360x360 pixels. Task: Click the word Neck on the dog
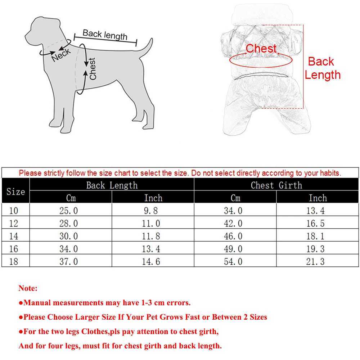(x=61, y=54)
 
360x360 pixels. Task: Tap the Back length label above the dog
(x=105, y=35)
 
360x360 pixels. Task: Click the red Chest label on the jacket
(x=261, y=49)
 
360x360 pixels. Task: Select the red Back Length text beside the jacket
(x=322, y=68)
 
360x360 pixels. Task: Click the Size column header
(x=15, y=192)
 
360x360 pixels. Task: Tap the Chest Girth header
(x=276, y=185)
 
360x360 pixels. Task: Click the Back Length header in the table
(x=112, y=185)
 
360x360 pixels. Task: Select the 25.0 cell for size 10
(x=68, y=211)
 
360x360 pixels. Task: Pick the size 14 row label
(x=13, y=236)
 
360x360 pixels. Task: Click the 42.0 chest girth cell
(x=233, y=224)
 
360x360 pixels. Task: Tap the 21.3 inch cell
(x=315, y=262)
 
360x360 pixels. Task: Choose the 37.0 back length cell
(x=68, y=262)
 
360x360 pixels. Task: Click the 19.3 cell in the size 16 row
(x=315, y=249)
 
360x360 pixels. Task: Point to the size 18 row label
(x=13, y=262)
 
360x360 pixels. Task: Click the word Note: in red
(x=28, y=288)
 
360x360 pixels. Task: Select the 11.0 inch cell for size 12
(x=151, y=224)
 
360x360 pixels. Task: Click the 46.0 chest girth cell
(x=233, y=236)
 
